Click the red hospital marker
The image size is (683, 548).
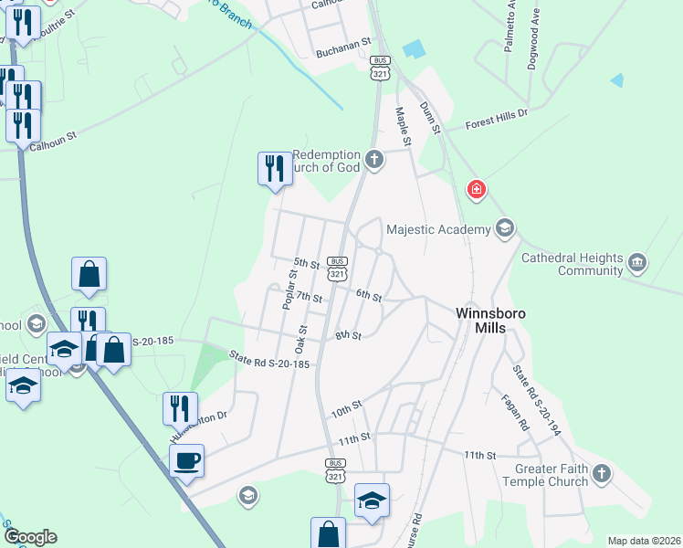[476, 191]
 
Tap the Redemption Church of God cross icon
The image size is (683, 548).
[373, 161]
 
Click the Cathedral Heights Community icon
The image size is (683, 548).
[637, 264]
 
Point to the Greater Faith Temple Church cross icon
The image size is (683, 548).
[601, 474]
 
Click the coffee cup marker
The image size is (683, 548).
[186, 461]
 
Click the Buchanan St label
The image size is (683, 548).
[344, 42]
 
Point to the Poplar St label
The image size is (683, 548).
[290, 290]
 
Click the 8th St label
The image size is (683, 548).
[348, 336]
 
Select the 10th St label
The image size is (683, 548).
[347, 408]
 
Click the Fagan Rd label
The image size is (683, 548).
[515, 412]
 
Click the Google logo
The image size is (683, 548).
[30, 537]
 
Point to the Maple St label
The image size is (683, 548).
[403, 125]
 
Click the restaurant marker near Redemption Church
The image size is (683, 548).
[274, 169]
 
